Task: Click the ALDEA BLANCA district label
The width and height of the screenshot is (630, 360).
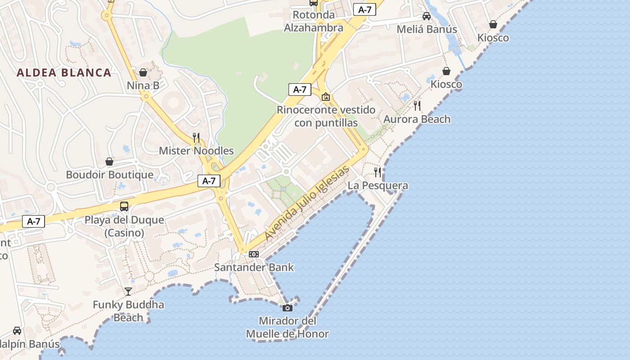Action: (x=64, y=72)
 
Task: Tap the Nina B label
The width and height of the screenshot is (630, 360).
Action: (x=143, y=85)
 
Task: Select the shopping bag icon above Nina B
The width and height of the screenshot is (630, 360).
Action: (x=143, y=72)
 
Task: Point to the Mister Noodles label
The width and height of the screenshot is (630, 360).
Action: (x=196, y=151)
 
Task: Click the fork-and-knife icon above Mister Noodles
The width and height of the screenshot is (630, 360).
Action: (x=196, y=137)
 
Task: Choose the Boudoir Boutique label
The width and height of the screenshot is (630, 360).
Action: (x=110, y=175)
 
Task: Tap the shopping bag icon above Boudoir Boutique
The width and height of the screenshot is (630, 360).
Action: (x=109, y=161)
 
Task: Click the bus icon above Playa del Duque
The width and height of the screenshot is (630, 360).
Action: (x=124, y=207)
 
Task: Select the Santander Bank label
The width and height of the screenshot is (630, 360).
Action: (x=254, y=267)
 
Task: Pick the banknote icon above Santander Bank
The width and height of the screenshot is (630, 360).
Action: (x=254, y=254)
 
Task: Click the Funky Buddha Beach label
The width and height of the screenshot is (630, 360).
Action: (x=128, y=311)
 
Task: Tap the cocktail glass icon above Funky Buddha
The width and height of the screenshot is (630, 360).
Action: (x=128, y=292)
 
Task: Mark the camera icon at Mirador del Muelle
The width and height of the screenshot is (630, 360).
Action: (x=287, y=308)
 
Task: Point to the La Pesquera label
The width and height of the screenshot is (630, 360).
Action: (x=378, y=185)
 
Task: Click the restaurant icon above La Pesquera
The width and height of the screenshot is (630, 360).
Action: (x=378, y=172)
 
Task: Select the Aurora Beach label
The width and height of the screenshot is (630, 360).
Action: (x=417, y=119)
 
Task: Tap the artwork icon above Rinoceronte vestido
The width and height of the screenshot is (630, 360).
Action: (x=326, y=97)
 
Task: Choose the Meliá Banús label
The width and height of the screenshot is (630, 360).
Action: (x=427, y=29)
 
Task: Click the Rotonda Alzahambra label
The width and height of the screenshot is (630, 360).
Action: (x=314, y=21)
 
